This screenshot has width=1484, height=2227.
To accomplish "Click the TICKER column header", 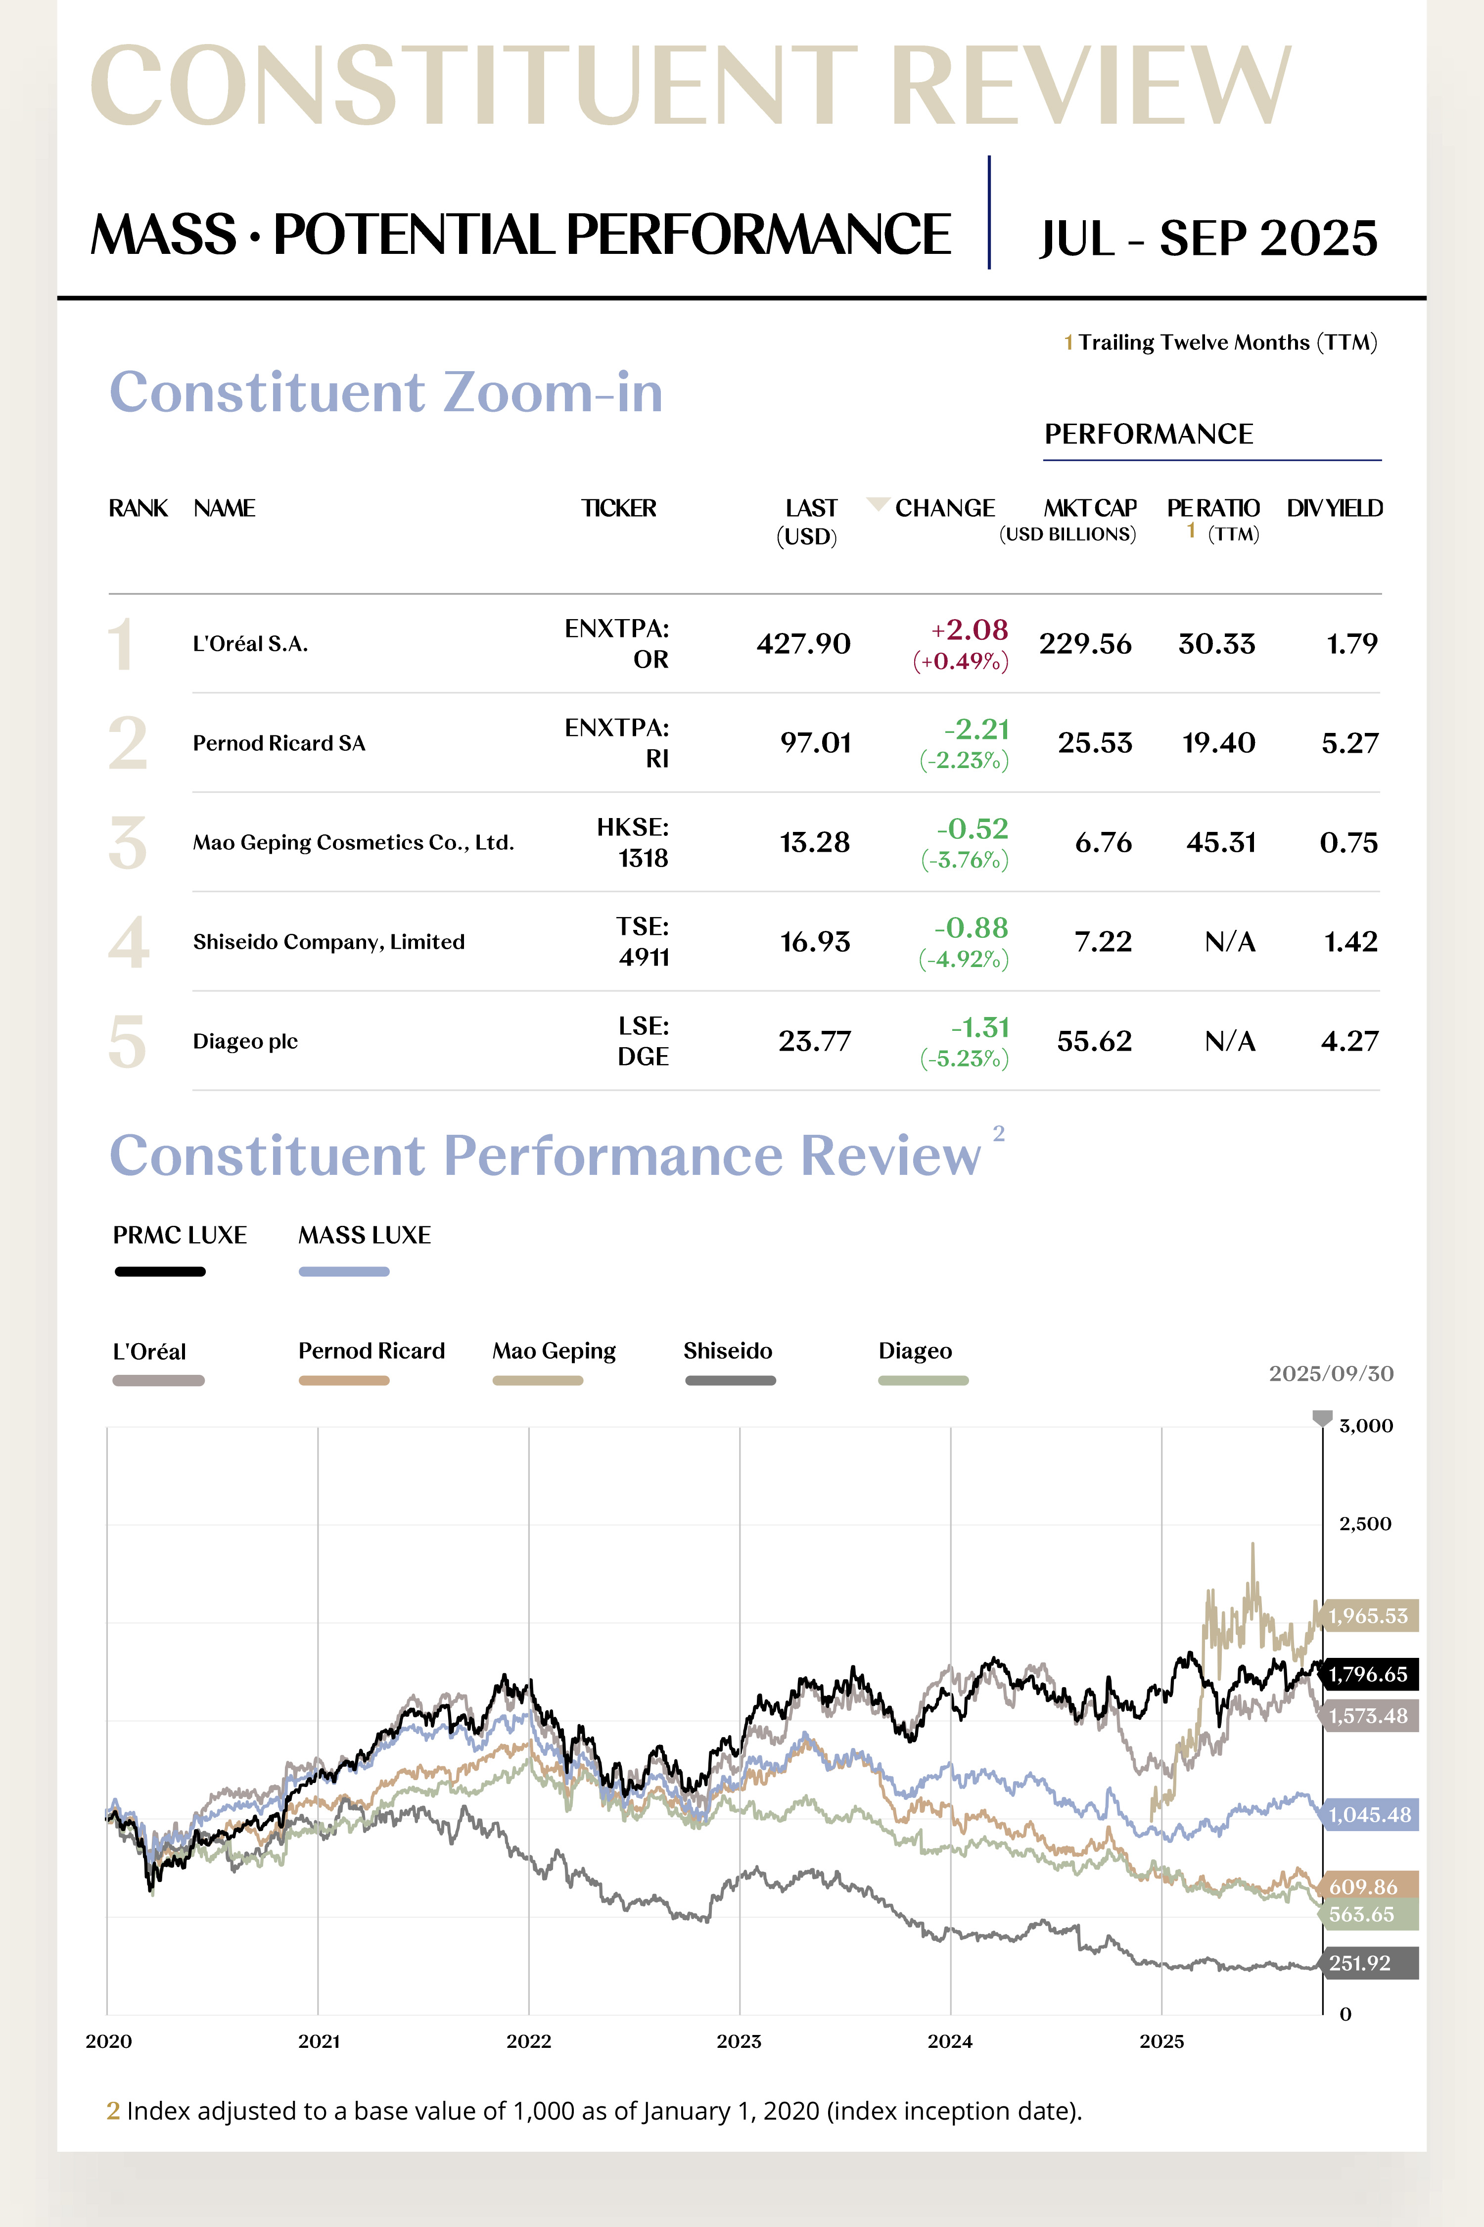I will pyautogui.click(x=618, y=508).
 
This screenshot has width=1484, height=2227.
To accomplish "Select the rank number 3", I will pyautogui.click(x=128, y=843).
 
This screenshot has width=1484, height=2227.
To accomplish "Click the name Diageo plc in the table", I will pyautogui.click(x=245, y=1042).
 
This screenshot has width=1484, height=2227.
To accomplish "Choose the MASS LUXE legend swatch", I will pyautogui.click(x=344, y=1272).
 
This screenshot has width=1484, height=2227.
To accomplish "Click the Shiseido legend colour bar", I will pyautogui.click(x=730, y=1381).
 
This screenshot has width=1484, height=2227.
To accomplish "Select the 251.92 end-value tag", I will pyautogui.click(x=1360, y=1963).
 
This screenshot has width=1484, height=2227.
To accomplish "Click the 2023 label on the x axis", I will pyautogui.click(x=738, y=2041).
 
